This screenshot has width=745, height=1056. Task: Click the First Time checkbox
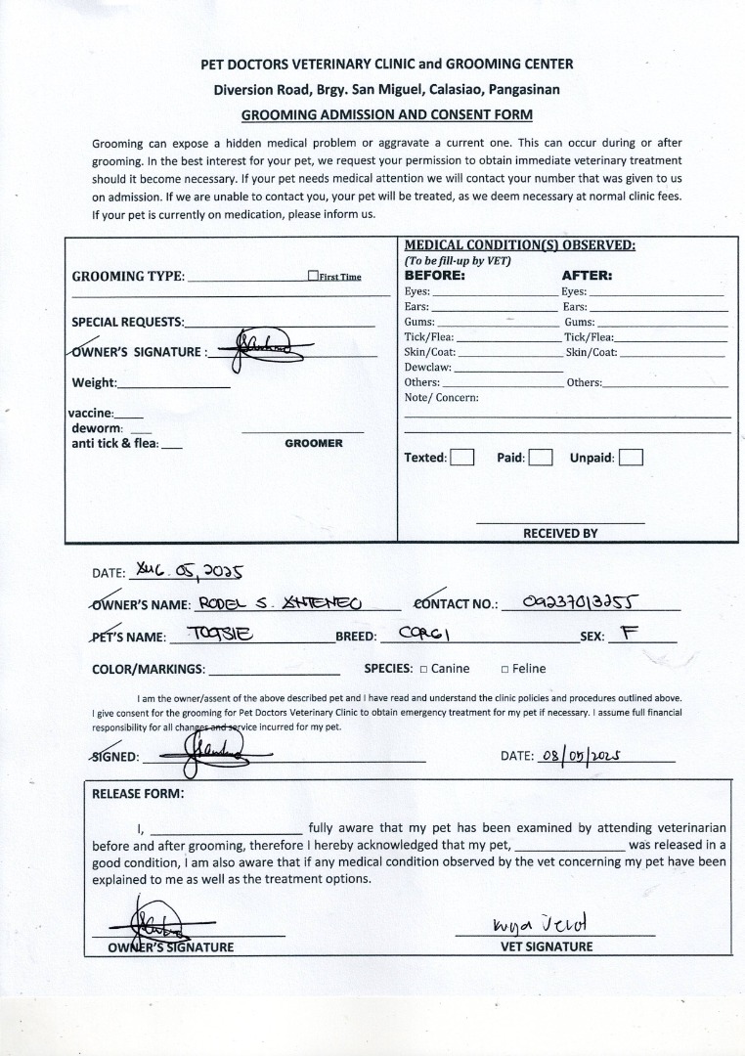[313, 276]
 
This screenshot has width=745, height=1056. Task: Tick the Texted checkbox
[462, 457]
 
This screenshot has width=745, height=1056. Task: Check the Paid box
[541, 457]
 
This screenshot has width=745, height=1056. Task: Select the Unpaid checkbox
[631, 457]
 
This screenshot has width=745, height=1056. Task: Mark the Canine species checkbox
[423, 670]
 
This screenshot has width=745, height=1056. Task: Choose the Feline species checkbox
[504, 670]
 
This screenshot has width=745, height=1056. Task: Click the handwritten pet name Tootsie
[222, 634]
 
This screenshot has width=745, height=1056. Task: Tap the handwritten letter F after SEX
[629, 633]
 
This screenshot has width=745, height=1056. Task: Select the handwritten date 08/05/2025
[580, 755]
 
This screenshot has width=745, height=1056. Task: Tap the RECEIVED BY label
[560, 533]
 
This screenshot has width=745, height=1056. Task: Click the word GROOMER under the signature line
[314, 443]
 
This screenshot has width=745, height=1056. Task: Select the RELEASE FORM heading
[137, 793]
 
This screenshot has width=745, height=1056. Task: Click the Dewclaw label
[428, 367]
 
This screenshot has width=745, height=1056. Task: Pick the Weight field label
[94, 382]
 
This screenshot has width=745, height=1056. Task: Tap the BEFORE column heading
[435, 275]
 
